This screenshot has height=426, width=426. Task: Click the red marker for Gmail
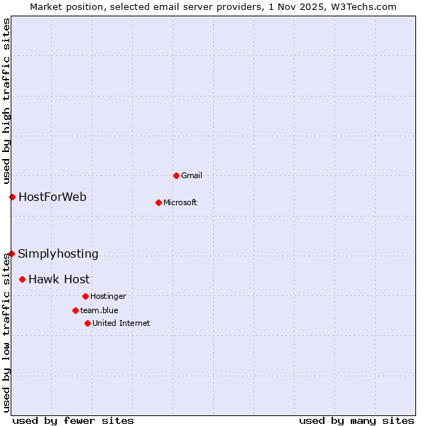tap(176, 175)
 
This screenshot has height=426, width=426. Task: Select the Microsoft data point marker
tap(158, 202)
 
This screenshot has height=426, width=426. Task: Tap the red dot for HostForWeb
tap(12, 197)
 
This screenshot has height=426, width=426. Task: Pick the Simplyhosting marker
tap(11, 253)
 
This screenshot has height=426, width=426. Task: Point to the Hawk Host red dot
tap(22, 279)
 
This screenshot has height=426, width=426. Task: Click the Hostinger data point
tap(85, 296)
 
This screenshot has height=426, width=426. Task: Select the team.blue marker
tap(75, 310)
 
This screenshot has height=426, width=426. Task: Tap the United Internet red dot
tap(87, 323)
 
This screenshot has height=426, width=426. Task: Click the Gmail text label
tap(192, 175)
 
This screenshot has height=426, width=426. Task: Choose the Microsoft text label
tap(180, 202)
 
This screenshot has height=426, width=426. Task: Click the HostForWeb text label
tap(52, 197)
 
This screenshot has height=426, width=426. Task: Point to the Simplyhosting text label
tap(58, 253)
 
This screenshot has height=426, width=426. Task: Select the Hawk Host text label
tap(59, 279)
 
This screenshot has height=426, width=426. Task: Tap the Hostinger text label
tap(108, 296)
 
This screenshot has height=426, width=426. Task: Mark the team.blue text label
tap(99, 310)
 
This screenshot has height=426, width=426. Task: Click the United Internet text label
tap(121, 323)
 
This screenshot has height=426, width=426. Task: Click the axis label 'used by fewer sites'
tap(73, 420)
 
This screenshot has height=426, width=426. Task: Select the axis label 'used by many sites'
tap(356, 420)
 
